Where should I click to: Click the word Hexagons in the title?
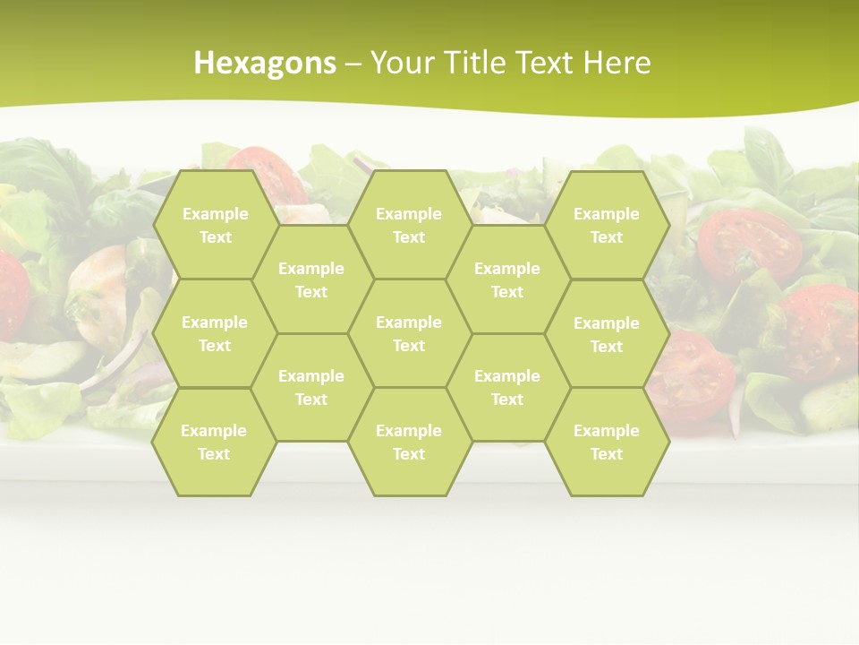tap(265, 63)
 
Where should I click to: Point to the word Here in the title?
tap(617, 63)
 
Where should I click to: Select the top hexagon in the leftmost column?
tap(215, 225)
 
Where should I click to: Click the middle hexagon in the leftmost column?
tap(215, 333)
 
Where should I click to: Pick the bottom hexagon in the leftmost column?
tap(214, 442)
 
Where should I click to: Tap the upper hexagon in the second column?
tap(311, 279)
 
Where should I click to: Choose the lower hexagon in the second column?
tap(311, 387)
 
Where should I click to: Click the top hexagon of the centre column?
tap(409, 225)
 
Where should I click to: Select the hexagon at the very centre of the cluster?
tap(409, 333)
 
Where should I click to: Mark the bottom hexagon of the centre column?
tap(409, 442)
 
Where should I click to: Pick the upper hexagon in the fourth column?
tap(507, 279)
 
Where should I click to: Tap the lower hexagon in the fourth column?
tap(507, 387)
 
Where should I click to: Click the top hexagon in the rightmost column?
tap(607, 225)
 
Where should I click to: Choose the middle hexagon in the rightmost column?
tap(607, 334)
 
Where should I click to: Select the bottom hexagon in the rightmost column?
tap(607, 442)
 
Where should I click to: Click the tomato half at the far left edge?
tap(11, 296)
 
